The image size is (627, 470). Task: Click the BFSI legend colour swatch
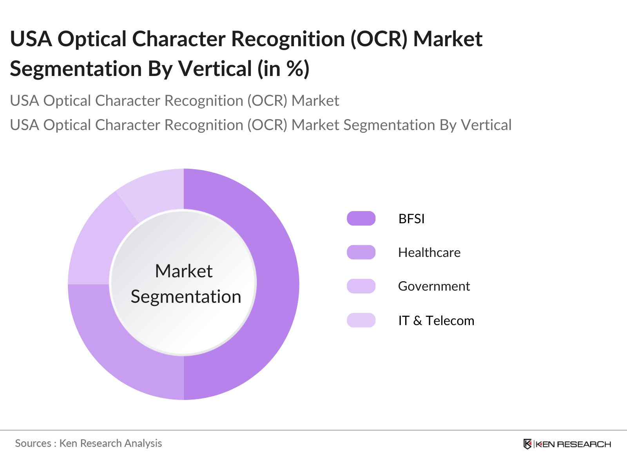pos(361,218)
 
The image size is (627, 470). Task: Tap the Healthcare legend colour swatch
pos(361,252)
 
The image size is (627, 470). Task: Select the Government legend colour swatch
pos(361,286)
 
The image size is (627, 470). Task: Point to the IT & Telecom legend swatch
pos(361,320)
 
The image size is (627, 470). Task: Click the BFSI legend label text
pos(411,219)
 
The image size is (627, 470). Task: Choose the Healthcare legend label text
pos(429,253)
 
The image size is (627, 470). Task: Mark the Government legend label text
pos(434,286)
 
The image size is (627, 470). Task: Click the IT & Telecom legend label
pos(436,320)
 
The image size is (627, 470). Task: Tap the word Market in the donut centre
pos(184,271)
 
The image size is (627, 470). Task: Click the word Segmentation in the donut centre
pos(186,297)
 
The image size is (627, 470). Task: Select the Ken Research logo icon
pos(527,444)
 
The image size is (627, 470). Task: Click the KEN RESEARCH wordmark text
pos(573,444)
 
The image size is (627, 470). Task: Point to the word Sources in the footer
pos(33,443)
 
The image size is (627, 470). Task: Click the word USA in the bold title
pos(31,39)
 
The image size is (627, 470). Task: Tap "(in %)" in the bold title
pos(283,69)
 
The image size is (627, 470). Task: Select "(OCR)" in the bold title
pos(379,39)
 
